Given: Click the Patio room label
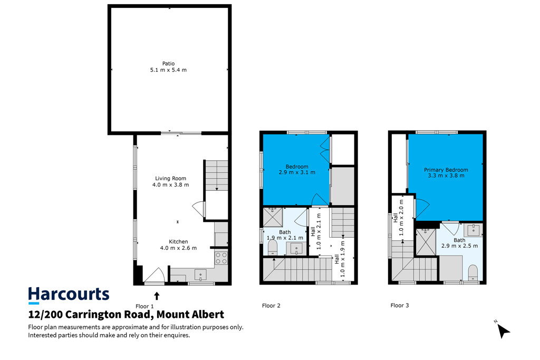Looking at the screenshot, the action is click(168, 63).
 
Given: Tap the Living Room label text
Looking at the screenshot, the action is click(170, 178).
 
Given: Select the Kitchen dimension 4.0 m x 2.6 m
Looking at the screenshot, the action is click(178, 248).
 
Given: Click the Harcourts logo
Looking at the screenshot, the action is click(69, 295).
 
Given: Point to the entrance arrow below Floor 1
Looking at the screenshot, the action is click(157, 296).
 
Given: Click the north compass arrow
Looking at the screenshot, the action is click(503, 331).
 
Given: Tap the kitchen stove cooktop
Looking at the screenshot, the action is click(221, 258).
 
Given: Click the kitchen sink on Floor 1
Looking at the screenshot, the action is click(200, 275).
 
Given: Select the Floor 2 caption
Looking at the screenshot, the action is click(271, 306).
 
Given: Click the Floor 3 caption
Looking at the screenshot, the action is click(400, 305).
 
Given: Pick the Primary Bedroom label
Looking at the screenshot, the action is click(446, 170).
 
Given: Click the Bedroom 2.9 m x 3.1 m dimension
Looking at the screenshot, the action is click(297, 172).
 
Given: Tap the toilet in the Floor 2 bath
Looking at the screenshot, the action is click(273, 247).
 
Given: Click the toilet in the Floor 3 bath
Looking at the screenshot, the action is click(473, 272).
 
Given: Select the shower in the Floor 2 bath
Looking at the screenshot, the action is click(273, 217).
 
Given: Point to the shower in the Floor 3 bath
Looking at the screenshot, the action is click(426, 241).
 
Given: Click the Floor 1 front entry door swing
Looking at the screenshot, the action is click(155, 275).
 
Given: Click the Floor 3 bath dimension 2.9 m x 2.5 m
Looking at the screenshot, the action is click(459, 246).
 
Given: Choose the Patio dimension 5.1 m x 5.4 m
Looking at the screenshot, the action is click(168, 70).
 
